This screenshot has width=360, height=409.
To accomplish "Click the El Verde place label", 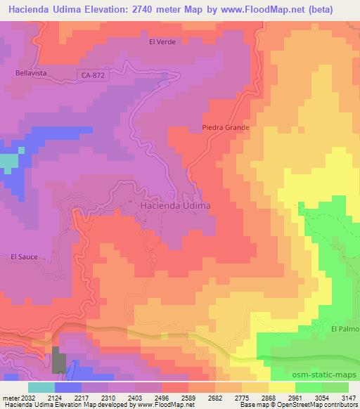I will point(161,41).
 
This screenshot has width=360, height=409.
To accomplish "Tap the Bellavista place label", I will point(30,72).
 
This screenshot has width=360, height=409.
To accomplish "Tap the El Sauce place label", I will point(23,257).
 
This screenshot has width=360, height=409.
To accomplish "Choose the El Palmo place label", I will point(345,328).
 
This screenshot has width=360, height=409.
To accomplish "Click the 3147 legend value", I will point(349,398).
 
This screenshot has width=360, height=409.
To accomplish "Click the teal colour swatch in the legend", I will point(41,387).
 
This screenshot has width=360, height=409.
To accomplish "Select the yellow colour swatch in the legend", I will point(282,387).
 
